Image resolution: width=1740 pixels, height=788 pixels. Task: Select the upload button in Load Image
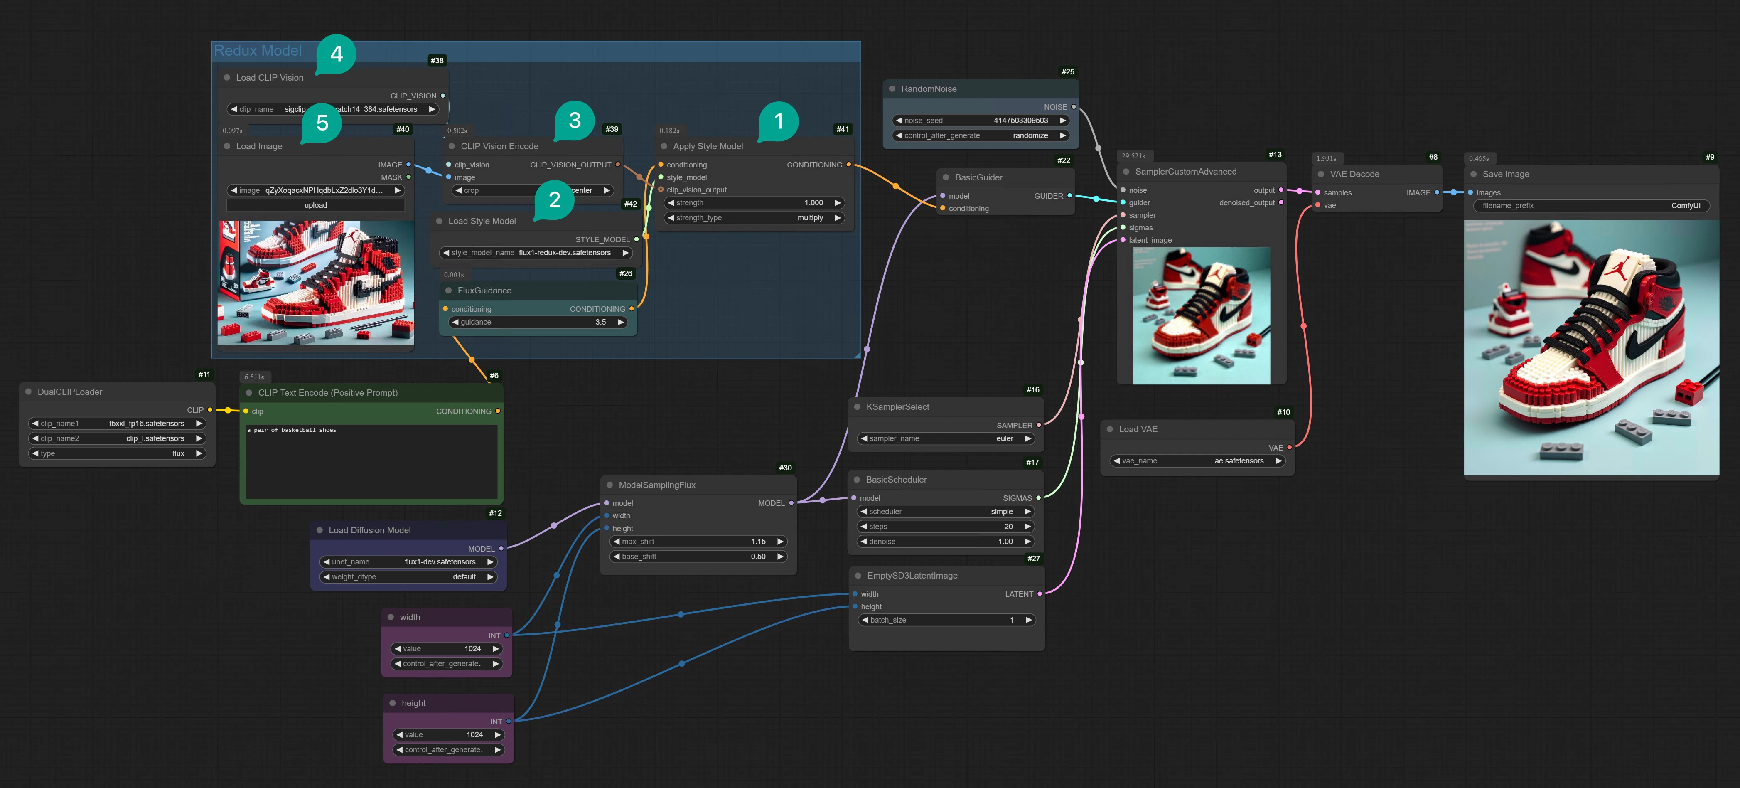[315, 205]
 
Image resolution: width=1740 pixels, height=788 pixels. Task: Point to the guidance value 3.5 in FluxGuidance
[600, 323]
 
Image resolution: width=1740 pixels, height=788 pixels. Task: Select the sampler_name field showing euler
[946, 438]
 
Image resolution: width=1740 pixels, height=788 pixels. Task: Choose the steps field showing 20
[946, 527]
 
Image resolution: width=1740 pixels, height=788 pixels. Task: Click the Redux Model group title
[258, 51]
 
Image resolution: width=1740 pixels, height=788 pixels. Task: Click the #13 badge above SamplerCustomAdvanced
[1275, 155]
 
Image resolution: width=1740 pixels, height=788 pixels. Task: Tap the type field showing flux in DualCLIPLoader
[117, 453]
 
